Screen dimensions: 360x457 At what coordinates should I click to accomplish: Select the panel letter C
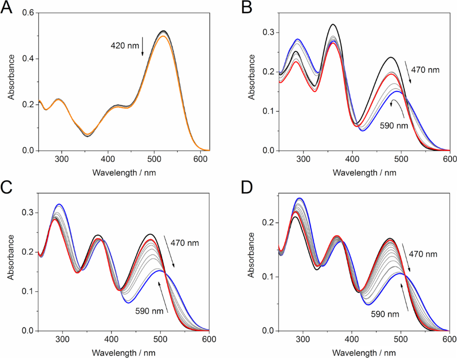(x=8, y=187)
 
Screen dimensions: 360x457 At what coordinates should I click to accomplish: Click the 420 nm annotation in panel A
(x=125, y=45)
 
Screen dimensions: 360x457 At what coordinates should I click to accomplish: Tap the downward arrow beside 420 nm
(x=142, y=47)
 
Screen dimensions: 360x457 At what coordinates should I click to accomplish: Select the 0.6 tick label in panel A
(x=29, y=13)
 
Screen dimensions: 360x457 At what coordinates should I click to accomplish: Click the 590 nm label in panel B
(x=394, y=125)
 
